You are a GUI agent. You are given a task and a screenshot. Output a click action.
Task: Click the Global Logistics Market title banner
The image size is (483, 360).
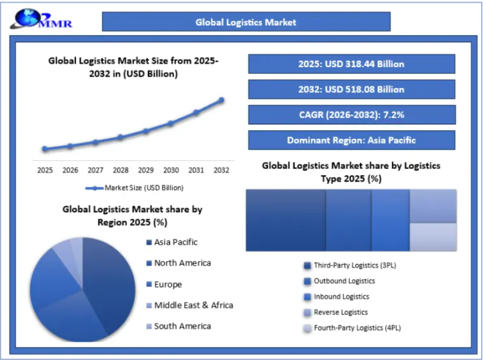246,22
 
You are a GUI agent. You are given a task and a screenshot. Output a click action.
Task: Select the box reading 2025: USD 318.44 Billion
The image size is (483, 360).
351,64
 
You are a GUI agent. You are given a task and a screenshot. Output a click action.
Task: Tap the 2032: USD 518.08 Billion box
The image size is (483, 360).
351,89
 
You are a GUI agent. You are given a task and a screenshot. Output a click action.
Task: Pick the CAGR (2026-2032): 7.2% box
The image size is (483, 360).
351,115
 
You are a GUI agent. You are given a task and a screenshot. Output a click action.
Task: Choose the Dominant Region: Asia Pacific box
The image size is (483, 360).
351,140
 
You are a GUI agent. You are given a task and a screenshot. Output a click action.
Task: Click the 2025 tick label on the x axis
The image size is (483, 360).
45,170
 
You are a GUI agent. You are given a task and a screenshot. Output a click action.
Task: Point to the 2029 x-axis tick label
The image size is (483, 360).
145,170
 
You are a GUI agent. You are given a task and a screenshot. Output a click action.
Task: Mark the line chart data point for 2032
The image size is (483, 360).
221,100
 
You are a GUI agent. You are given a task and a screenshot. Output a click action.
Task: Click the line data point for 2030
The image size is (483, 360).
170,124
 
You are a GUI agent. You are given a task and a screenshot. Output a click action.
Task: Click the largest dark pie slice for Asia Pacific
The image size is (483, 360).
108,283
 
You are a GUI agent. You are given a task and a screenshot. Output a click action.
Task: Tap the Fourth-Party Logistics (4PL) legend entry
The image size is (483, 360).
352,328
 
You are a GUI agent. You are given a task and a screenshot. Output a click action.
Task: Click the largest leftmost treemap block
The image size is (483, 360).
286,221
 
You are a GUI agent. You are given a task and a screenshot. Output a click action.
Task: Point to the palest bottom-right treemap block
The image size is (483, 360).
433,237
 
